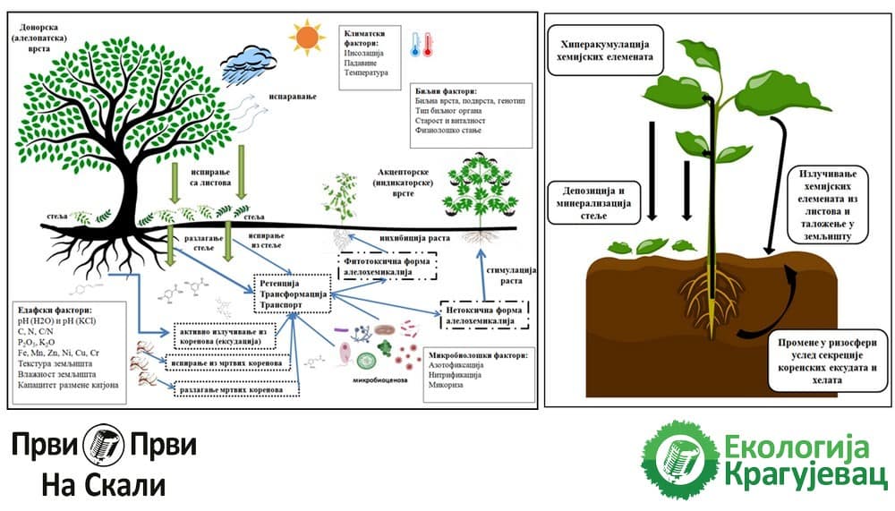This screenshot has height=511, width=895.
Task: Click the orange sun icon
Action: point(307,37)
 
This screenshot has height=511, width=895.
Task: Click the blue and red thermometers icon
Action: point(421,45)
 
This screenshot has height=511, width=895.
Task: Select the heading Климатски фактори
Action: point(370,37)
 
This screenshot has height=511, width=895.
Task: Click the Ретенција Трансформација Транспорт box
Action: point(293,293)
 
